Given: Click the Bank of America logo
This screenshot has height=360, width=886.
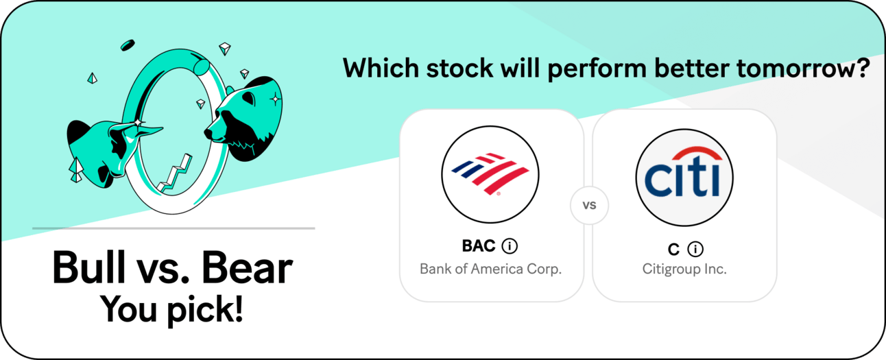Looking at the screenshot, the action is [x=490, y=174].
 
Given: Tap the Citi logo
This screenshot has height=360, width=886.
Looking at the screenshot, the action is [x=684, y=178].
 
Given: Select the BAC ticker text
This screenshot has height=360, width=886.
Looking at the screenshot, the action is [x=479, y=246].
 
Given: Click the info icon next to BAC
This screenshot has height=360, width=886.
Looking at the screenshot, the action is [x=510, y=246].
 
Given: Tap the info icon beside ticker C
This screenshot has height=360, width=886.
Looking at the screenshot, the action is [x=695, y=249].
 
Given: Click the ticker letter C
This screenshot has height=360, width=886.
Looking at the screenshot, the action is [x=673, y=250].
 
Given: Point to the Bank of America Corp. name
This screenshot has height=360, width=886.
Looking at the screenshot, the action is [x=490, y=269].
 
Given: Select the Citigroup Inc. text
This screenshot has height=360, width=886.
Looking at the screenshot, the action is [x=684, y=269].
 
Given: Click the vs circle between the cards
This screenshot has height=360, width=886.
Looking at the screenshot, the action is [x=589, y=205].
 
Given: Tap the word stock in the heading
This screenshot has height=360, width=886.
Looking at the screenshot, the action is [x=459, y=69].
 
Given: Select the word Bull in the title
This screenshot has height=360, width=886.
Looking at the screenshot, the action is [x=88, y=267].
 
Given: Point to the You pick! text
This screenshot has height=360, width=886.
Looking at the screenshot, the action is [x=171, y=310].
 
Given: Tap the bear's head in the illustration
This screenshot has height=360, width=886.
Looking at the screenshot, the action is [x=243, y=119].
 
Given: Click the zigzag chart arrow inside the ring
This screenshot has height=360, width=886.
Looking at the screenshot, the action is [x=175, y=174].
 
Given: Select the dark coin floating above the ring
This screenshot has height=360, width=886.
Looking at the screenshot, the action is [x=128, y=45].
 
